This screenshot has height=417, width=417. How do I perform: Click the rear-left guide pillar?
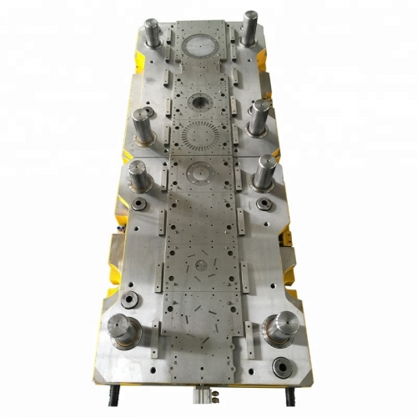(x=152, y=36)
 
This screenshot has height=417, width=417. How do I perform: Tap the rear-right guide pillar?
(x=249, y=29)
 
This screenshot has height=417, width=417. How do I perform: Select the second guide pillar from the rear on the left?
(x=142, y=126)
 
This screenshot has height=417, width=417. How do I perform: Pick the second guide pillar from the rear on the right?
(x=259, y=118)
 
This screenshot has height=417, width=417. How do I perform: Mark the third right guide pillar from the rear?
(x=265, y=171)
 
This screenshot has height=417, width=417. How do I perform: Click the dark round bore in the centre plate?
(x=199, y=101)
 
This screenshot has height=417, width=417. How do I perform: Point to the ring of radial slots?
(x=199, y=133)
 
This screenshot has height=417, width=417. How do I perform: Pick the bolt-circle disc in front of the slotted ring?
(x=200, y=173)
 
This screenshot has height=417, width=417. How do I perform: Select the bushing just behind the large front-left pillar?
(x=129, y=301)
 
